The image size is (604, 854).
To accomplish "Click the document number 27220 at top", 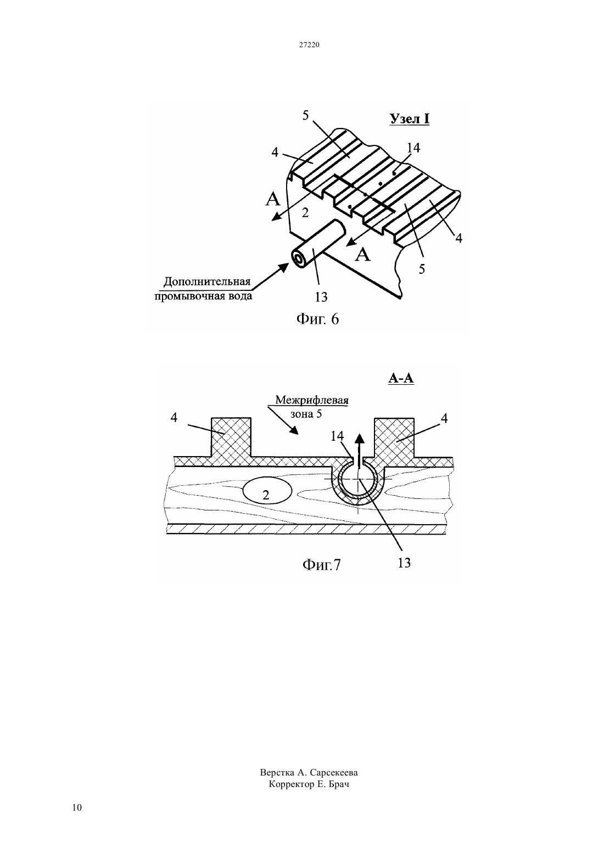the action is [309, 44].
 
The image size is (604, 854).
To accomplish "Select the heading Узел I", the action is [409, 119].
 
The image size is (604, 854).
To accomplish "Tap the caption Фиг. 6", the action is [317, 319].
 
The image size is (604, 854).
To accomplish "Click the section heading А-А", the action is [401, 378].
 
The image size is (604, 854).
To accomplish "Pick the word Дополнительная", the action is [207, 282].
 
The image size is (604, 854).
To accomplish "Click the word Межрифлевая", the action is [312, 400].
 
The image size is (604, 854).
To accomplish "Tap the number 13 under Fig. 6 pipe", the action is [321, 296].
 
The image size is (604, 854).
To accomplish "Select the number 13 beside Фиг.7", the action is [404, 563].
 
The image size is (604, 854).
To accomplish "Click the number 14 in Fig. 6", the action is [413, 148].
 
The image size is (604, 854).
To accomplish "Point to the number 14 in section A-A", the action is [337, 436].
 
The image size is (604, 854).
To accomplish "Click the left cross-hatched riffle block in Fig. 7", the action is [231, 437].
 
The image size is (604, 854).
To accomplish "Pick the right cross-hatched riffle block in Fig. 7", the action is [394, 437].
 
